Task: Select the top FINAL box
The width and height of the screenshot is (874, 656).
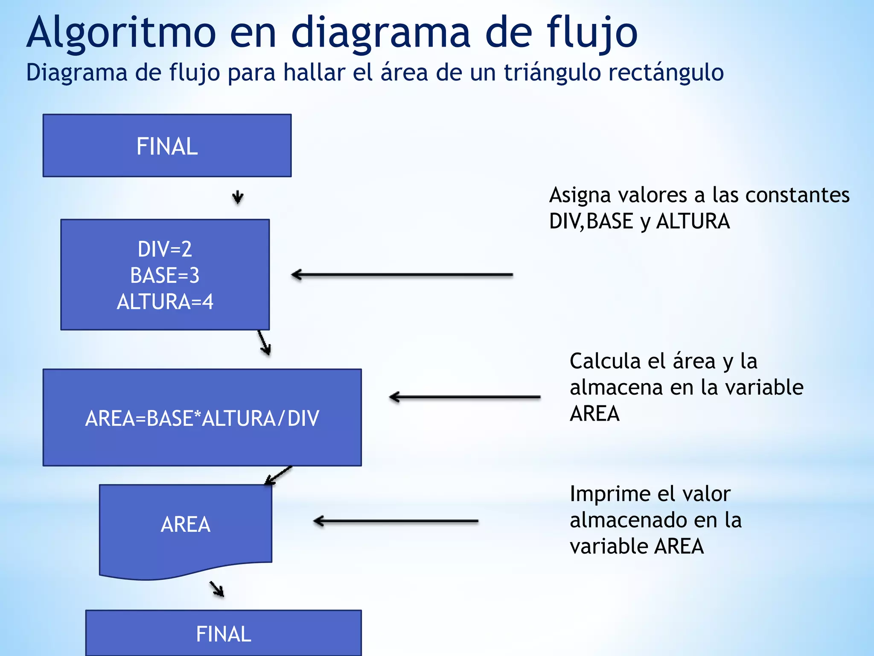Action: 167,146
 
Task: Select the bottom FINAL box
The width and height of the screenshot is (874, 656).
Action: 223,633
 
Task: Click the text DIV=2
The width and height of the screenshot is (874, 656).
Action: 165,249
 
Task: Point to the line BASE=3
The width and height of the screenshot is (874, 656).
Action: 165,275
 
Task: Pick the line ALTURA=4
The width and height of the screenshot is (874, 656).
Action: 165,302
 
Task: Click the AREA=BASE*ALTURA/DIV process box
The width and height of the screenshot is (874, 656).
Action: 202,418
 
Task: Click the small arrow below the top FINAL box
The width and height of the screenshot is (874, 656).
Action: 238,197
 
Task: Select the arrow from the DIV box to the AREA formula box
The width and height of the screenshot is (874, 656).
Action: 264,343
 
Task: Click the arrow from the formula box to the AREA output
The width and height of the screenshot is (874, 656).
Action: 278,476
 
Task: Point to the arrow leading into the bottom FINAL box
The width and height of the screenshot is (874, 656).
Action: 217,589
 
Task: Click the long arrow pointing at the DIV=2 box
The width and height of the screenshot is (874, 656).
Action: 402,275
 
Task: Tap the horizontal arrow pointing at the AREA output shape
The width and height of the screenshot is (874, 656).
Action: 396,521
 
